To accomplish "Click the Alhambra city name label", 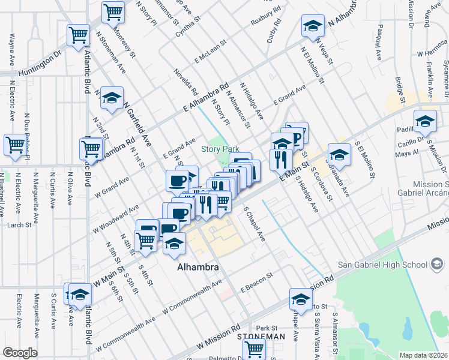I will point(196,267).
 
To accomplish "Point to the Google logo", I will point(20,353).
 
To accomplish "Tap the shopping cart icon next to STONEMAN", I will point(255,348).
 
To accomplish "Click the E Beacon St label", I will point(256,282).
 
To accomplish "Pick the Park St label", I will point(267,328).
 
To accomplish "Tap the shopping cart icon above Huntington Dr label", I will point(79,35).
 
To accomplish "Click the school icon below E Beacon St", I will point(301,299).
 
